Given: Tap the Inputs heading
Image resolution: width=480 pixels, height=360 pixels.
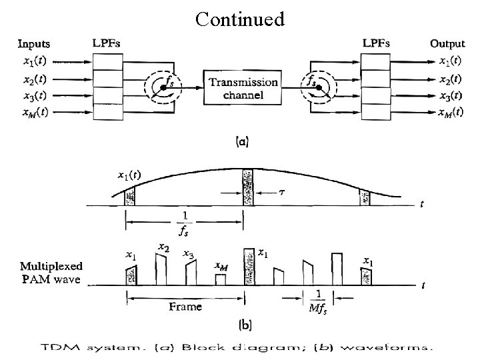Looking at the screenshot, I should click(33, 44).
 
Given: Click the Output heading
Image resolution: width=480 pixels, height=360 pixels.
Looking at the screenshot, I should click(447, 44).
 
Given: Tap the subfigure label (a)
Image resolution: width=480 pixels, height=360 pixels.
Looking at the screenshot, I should click(244, 141).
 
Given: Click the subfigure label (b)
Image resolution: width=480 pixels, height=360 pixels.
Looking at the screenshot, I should click(245, 325).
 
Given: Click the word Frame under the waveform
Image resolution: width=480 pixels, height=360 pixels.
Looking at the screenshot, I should click(185, 306).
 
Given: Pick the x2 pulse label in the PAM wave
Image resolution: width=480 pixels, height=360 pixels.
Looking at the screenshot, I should click(163, 247).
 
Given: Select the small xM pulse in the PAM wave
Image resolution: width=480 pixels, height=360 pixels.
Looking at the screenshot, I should click(221, 279).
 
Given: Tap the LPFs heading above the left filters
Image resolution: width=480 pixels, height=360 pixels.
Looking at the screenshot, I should click(107, 43).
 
